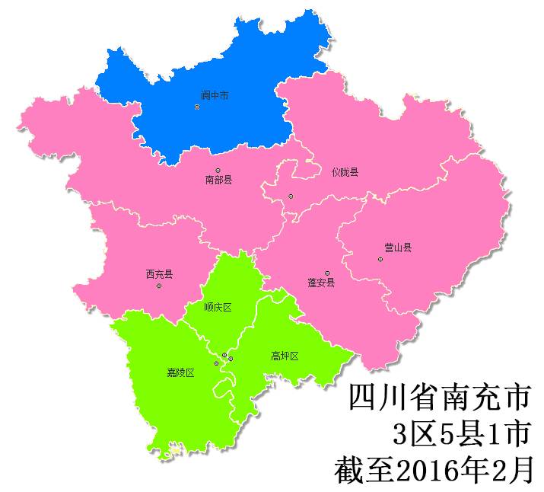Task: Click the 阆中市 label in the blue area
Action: tap(215, 96)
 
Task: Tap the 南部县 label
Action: tap(218, 181)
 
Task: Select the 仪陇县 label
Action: tap(345, 172)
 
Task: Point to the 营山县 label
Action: tap(398, 248)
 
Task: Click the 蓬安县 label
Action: tap(321, 283)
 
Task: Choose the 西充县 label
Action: tap(159, 274)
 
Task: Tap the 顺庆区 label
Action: tap(218, 308)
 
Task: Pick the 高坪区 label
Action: tap(285, 356)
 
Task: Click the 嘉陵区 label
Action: tap(181, 372)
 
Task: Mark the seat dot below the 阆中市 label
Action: tap(197, 107)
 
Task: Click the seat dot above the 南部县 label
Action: tap(218, 171)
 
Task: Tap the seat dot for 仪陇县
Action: tap(291, 196)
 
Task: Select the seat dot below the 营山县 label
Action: tap(380, 260)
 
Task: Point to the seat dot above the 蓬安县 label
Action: tap(327, 273)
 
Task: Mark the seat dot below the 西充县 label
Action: tap(158, 286)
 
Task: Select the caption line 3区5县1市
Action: tap(460, 434)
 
